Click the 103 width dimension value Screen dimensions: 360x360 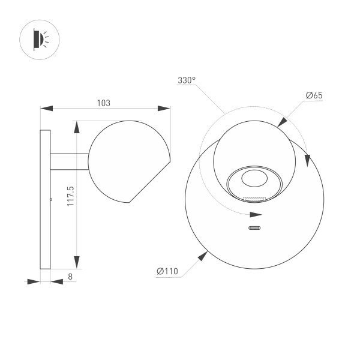[104, 103]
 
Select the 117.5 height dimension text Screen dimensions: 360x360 [70, 196]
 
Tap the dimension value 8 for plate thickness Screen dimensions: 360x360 [70, 277]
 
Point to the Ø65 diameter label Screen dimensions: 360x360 [314, 96]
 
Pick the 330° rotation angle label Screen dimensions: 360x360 [187, 80]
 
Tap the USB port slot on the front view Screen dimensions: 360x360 [256, 228]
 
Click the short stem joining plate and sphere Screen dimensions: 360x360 [69, 160]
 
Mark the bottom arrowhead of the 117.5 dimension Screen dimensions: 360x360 [77, 262]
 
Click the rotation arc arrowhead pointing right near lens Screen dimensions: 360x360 [256, 214]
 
